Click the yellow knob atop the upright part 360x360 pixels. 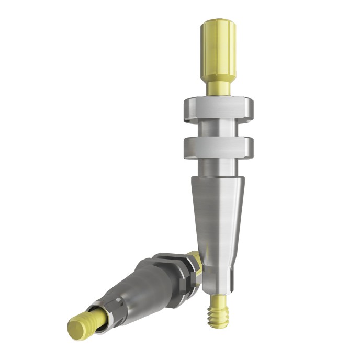click(218, 50)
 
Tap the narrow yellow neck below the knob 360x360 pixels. click(218, 88)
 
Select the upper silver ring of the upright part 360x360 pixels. click(218, 109)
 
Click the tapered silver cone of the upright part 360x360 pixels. click(218, 220)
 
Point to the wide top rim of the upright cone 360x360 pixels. click(218, 179)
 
